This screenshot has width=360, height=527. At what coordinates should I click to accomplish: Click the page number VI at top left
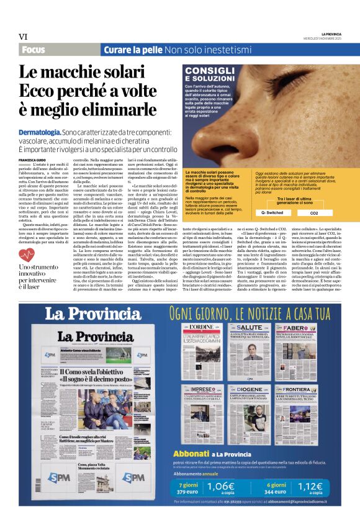point(23,37)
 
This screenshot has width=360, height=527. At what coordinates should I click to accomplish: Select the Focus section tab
point(37,49)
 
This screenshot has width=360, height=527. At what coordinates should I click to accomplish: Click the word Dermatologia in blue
point(40,133)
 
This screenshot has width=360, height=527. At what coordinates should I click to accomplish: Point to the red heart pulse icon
point(27,254)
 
